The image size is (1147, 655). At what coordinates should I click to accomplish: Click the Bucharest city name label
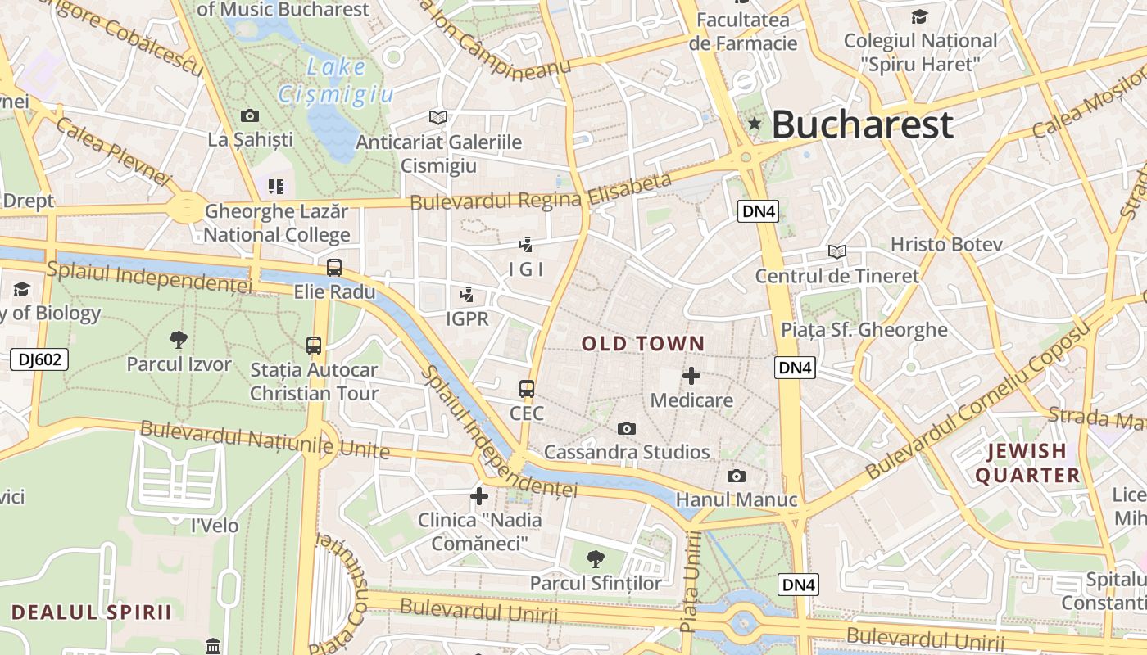pos(862,125)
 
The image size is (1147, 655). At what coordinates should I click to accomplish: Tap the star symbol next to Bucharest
pos(755,124)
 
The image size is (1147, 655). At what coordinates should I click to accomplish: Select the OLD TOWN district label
pos(643,344)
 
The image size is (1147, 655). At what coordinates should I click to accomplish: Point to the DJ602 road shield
pos(40,359)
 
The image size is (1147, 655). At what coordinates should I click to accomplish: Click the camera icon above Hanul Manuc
pos(736,476)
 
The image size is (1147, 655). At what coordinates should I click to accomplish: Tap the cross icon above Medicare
pos(691,376)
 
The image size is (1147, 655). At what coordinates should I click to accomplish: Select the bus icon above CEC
pos(527,389)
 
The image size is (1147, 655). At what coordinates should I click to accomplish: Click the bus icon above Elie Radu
pos(333,267)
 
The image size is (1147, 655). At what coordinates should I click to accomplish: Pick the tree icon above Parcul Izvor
pos(178,339)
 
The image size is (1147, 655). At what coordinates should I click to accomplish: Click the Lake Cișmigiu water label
pos(336,81)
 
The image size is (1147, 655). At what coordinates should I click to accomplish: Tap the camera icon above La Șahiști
pos(250,116)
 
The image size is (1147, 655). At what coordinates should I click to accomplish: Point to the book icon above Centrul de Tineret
pos(836,251)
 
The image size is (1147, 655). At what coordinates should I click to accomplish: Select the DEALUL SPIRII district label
pos(92,612)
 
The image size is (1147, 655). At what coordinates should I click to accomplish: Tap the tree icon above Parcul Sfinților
pos(596,559)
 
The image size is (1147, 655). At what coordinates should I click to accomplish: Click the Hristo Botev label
pos(946,244)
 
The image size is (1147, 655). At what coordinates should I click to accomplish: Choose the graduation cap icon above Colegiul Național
pos(920,16)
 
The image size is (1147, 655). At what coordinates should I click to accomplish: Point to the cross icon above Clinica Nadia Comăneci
pos(479,495)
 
